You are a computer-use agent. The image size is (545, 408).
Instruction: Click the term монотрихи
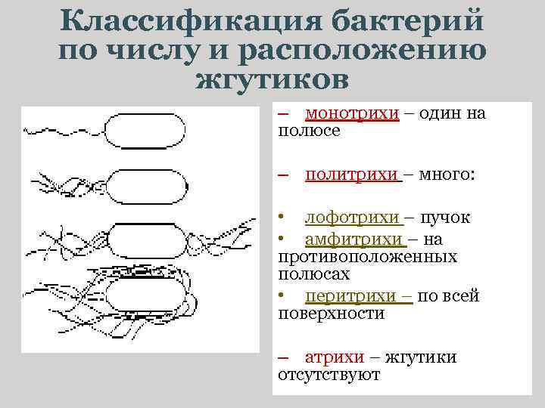pyautogui.click(x=352, y=113)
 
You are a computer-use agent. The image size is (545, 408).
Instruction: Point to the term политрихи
pyautogui.click(x=352, y=175)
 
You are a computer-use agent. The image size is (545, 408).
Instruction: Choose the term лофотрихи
pyautogui.click(x=352, y=218)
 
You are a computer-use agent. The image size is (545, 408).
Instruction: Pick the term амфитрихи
pyautogui.click(x=353, y=239)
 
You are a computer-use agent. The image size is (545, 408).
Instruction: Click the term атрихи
pyautogui.click(x=335, y=357)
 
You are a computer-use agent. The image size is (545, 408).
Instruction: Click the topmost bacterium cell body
pyautogui.click(x=145, y=131)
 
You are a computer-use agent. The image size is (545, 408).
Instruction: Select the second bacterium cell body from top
pyautogui.click(x=145, y=185)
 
